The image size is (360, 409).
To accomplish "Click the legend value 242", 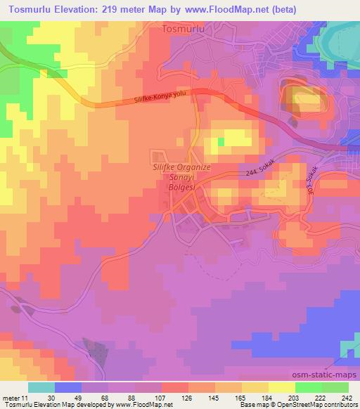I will tap(347, 397).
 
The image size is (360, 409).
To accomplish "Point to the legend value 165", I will tap(240, 397).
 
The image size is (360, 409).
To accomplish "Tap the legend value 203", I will tap(293, 397).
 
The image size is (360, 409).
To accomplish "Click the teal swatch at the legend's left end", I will tap(41, 387).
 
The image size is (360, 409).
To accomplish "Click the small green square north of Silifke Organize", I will tap(221, 141).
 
